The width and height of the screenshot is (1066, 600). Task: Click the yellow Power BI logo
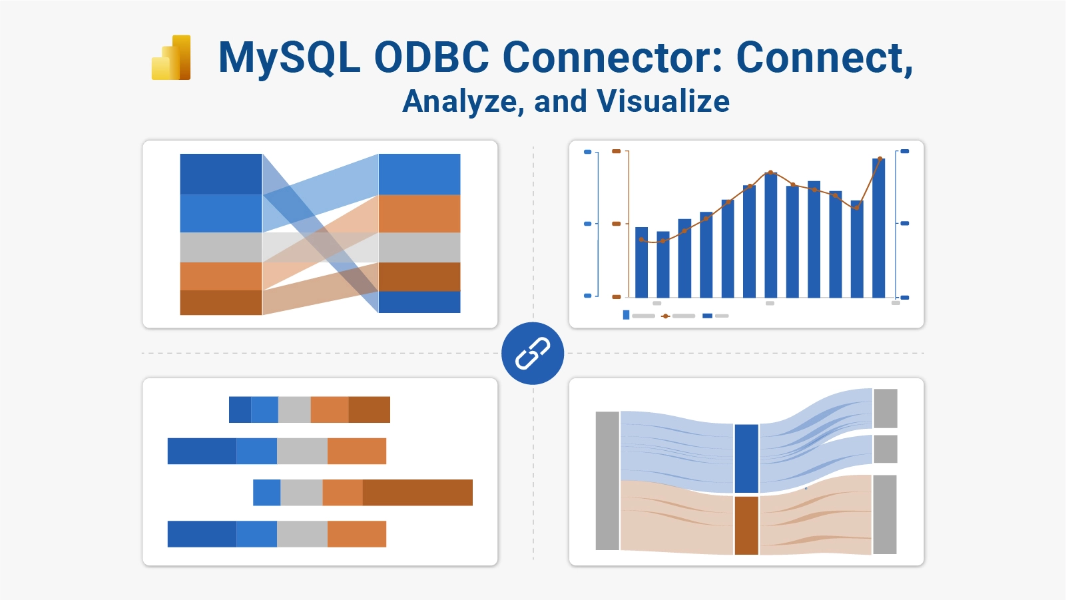[x=171, y=58]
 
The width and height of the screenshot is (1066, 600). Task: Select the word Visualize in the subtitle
[x=663, y=101]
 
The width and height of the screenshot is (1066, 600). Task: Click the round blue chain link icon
[x=533, y=353]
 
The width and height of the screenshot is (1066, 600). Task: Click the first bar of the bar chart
[x=641, y=263]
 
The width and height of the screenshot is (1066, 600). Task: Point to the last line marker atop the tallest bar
[x=880, y=158]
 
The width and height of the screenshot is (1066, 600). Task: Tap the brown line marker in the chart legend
[x=665, y=316]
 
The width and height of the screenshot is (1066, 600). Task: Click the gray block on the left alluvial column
[x=220, y=247]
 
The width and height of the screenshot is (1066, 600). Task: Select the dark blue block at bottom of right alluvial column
[x=419, y=302]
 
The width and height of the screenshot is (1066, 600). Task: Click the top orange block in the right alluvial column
[x=419, y=213]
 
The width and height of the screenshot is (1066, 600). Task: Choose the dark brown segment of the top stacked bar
[x=369, y=410]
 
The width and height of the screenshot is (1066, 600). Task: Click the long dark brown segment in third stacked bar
[x=417, y=492]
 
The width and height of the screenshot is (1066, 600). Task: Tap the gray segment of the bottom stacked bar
[x=302, y=534]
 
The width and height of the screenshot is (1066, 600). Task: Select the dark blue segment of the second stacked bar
[x=202, y=451]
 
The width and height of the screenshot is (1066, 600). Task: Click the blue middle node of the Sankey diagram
[x=746, y=459]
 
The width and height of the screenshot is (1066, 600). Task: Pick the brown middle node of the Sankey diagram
[x=746, y=525]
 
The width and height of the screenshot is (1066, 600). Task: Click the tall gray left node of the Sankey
[x=607, y=481]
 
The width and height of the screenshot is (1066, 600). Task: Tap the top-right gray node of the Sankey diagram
[x=886, y=408]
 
